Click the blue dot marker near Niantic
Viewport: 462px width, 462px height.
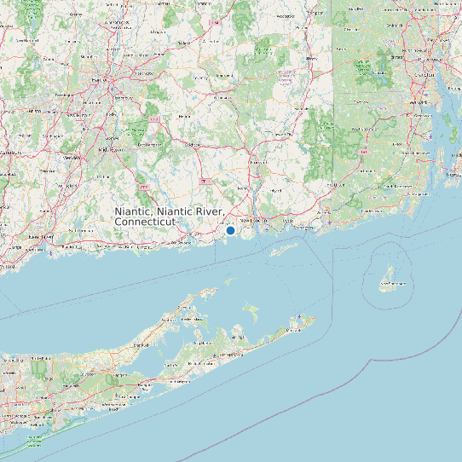[230, 230]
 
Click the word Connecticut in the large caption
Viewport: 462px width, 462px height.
[144, 221]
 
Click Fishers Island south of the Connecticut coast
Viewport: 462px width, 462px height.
[285, 248]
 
